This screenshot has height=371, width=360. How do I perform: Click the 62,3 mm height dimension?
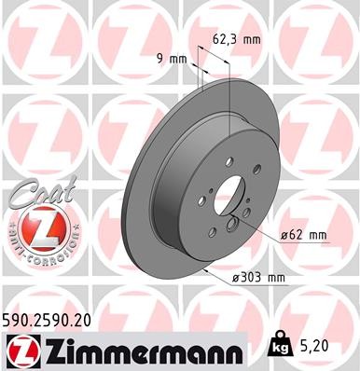point(247,40)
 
